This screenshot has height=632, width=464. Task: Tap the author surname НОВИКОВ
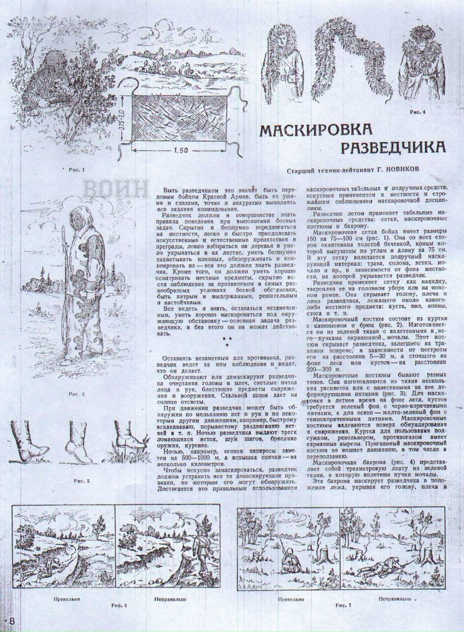(414, 171)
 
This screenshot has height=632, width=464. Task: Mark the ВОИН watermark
(115, 190)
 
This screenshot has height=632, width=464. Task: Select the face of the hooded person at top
(279, 46)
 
